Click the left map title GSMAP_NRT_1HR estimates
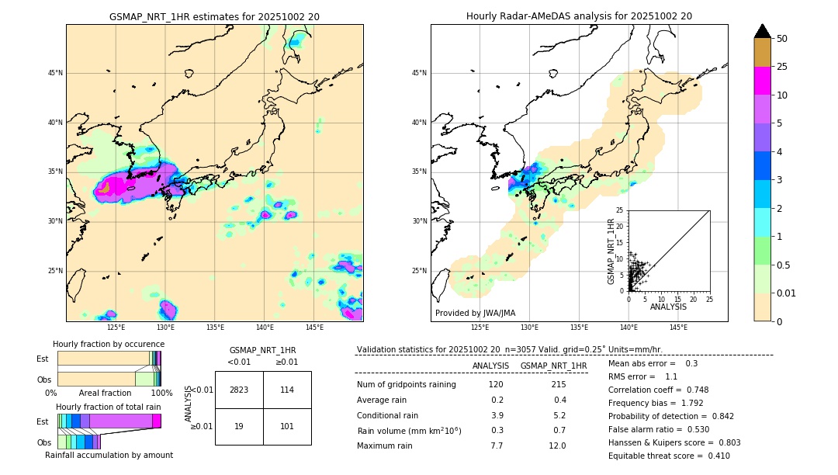[214, 16]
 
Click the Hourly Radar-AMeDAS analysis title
[579, 16]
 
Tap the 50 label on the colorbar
[782, 38]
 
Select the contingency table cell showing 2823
[239, 390]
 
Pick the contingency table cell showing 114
[287, 390]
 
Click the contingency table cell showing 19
[239, 426]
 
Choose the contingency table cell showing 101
[287, 426]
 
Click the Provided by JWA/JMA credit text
[475, 313]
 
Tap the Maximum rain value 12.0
[557, 446]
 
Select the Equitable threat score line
[669, 456]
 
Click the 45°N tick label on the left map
[55, 73]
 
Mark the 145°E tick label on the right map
[678, 328]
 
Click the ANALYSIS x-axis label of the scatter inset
[668, 307]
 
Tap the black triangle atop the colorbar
[763, 31]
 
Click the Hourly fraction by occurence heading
[109, 344]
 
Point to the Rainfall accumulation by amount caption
[109, 455]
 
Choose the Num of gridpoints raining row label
[407, 384]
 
